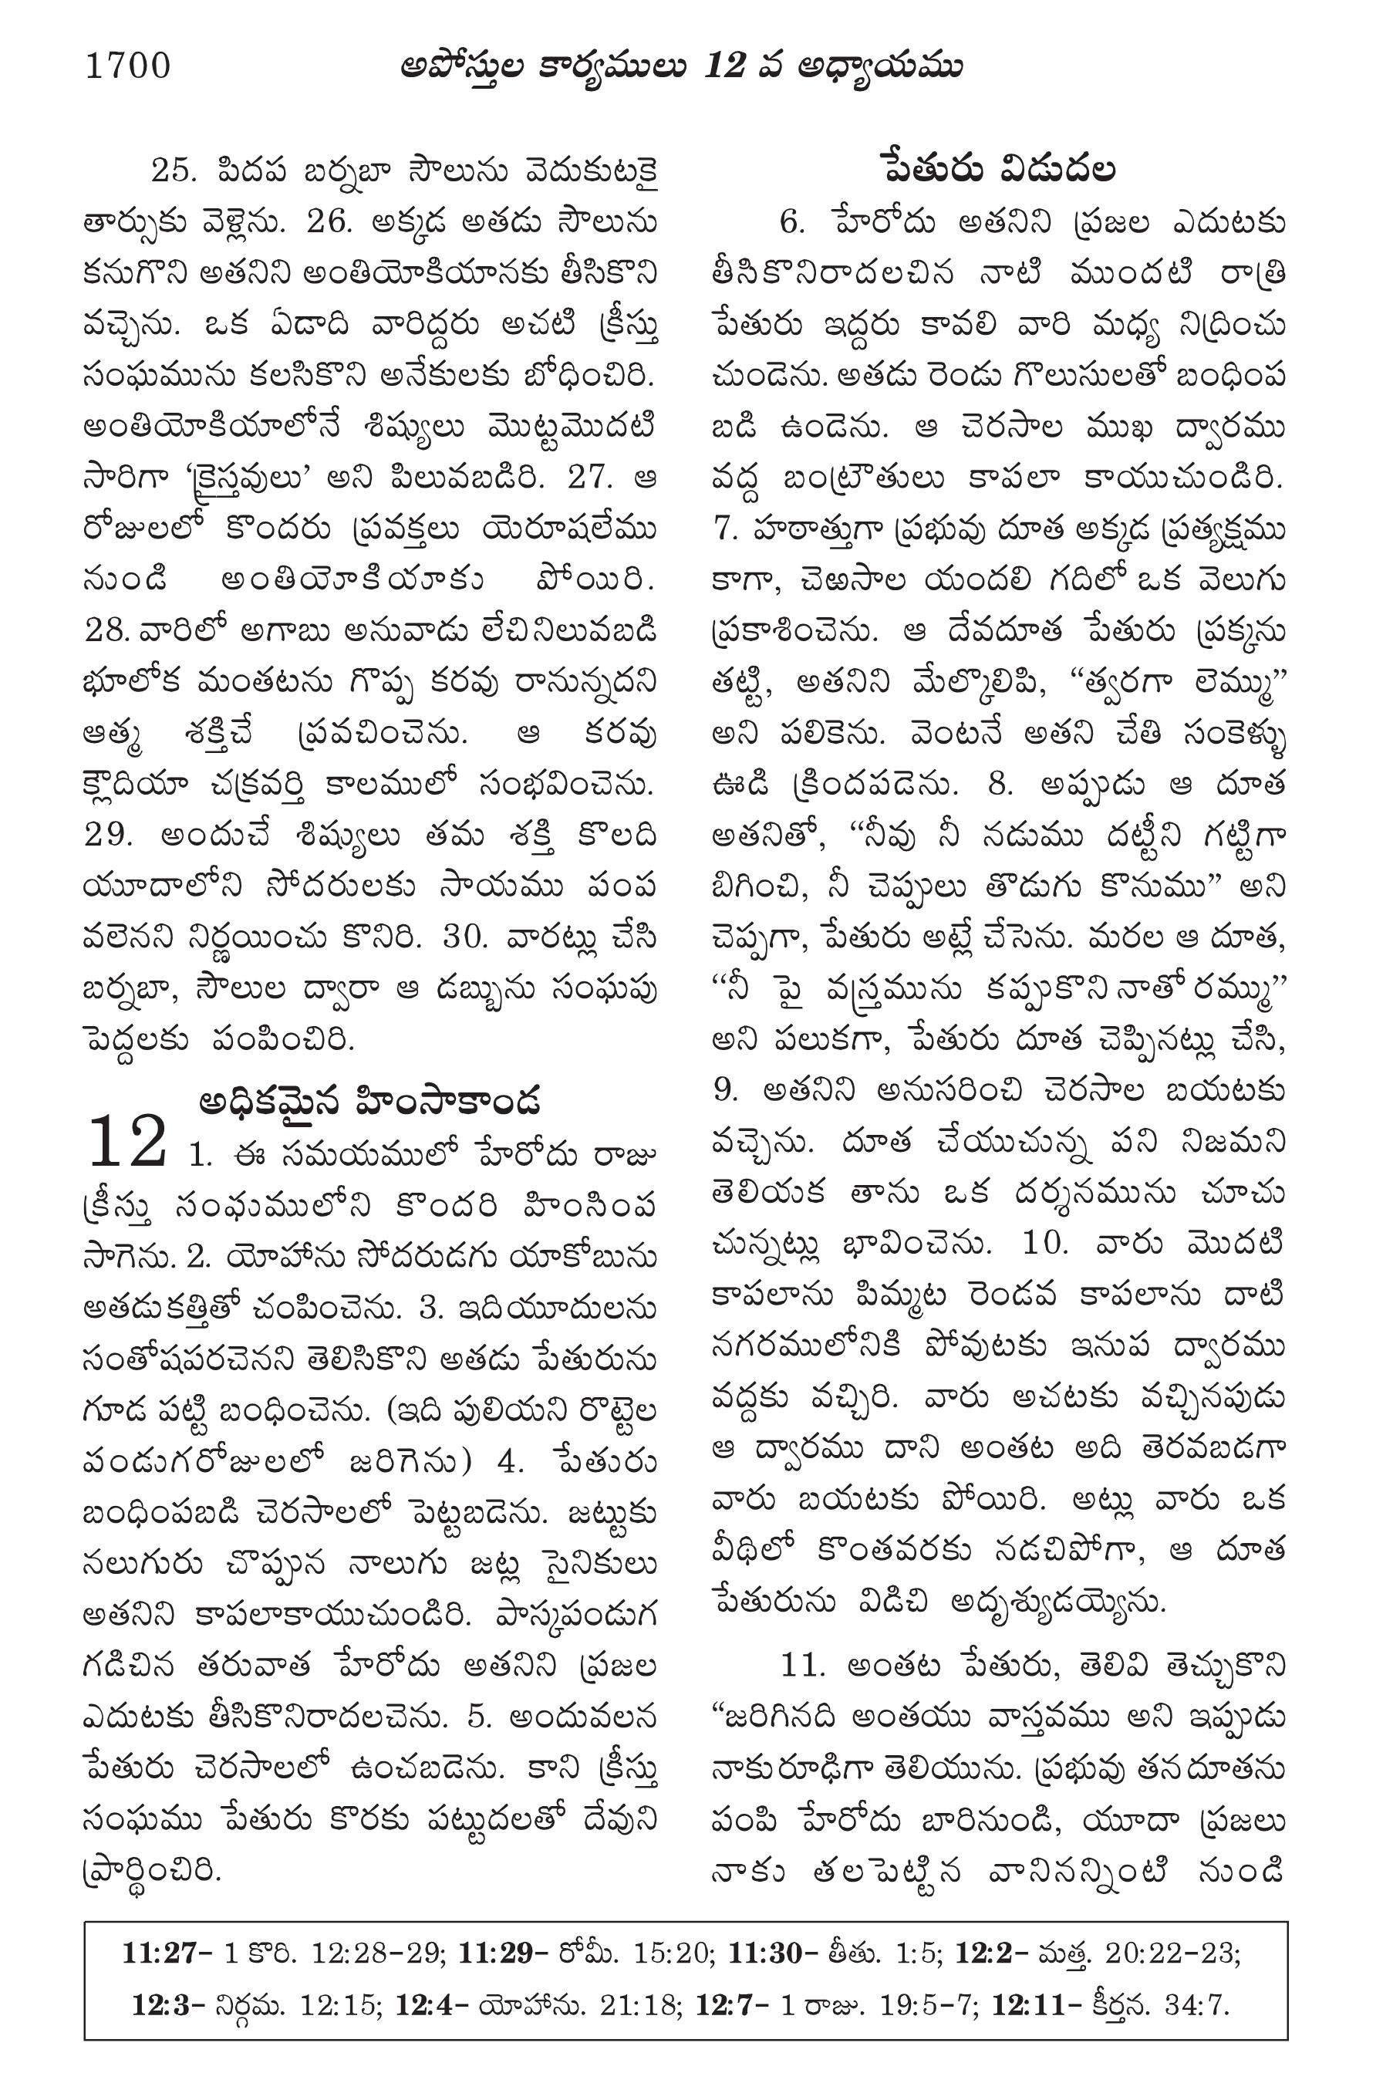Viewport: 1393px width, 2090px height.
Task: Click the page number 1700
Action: click(128, 66)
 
